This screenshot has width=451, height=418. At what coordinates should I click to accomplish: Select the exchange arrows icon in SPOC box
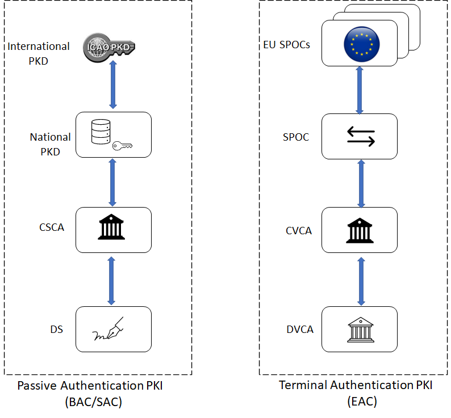click(x=360, y=136)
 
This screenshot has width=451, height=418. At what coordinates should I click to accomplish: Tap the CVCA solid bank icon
click(x=359, y=230)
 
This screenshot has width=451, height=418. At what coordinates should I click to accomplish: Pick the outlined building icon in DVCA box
click(x=359, y=330)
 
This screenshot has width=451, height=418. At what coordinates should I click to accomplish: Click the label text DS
click(x=56, y=330)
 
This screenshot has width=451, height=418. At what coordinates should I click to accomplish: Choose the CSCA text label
click(x=52, y=227)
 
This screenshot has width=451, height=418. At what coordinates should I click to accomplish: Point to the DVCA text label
click(x=299, y=330)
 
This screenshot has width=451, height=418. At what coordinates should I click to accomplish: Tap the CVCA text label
click(x=298, y=231)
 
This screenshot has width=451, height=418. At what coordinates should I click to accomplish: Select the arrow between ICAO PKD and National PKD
click(x=112, y=83)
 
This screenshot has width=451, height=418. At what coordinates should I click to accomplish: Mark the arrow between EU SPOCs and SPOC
click(x=360, y=90)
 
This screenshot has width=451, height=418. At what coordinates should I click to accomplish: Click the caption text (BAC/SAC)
click(x=94, y=402)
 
